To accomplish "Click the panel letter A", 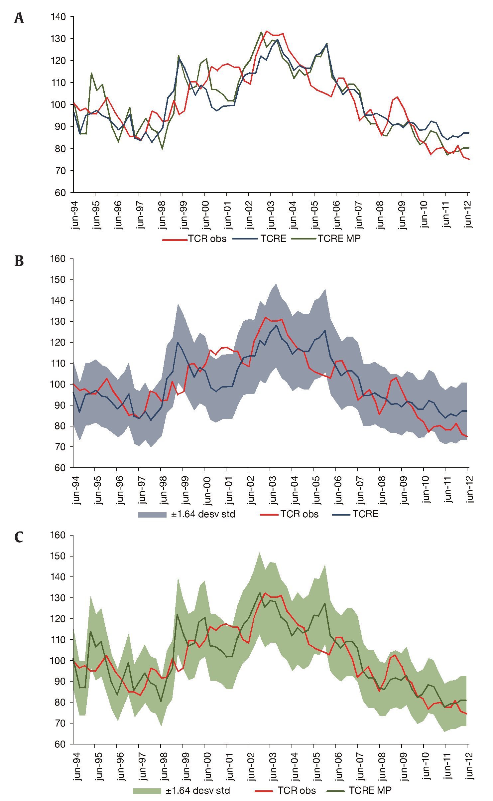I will coord(19,19).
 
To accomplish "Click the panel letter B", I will coord(19,261).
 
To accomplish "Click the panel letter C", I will coord(19,537).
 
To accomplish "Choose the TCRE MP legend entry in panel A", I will coord(339,239).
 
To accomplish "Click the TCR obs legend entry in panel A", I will coord(207,239).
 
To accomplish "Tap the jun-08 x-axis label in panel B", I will coord(382,489).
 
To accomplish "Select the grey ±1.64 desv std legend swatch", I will coord(152,514).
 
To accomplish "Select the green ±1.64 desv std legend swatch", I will coord(147,790).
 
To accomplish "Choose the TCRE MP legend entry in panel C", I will coord(370,790).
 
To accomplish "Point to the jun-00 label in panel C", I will coord(206,765).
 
